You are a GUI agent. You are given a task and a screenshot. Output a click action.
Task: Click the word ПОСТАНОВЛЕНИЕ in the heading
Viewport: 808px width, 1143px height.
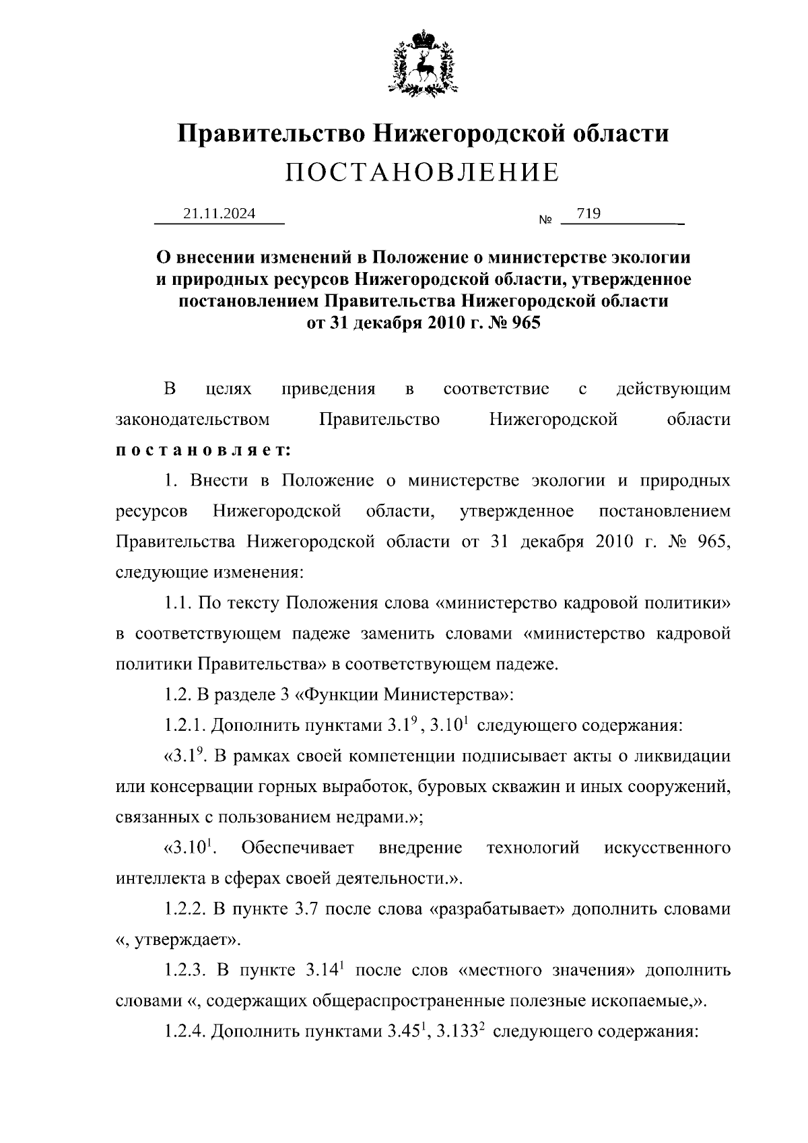click(422, 173)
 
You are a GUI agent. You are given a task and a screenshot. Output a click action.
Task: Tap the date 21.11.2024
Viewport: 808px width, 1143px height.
click(220, 214)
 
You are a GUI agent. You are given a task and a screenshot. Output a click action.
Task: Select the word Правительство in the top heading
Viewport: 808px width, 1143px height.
click(271, 133)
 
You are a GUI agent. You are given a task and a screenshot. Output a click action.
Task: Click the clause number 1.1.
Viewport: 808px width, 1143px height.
click(178, 603)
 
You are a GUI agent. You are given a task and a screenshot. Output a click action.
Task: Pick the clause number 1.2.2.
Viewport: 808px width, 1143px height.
click(185, 909)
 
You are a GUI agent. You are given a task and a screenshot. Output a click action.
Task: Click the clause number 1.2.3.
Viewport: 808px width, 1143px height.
click(185, 971)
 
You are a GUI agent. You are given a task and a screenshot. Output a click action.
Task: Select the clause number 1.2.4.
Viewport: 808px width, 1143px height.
click(185, 1032)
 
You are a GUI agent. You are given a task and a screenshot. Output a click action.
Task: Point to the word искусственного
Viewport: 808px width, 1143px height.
click(667, 848)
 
